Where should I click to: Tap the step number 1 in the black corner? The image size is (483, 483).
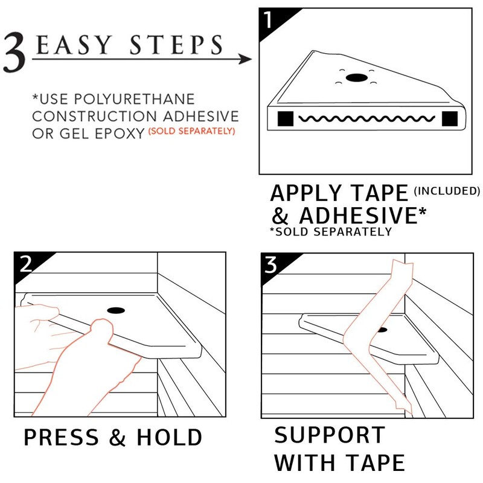click(268, 22)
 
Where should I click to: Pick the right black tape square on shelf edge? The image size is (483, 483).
click(449, 119)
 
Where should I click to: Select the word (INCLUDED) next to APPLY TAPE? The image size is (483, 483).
click(447, 191)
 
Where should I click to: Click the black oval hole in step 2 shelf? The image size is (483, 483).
click(114, 310)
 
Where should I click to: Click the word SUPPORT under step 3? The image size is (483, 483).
click(330, 436)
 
